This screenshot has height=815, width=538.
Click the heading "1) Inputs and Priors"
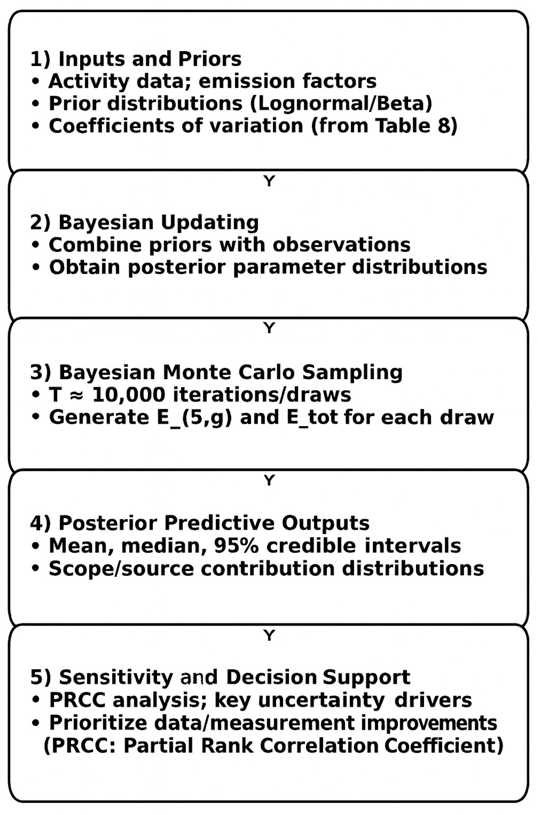136,59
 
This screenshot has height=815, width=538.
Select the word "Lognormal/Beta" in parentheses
340,104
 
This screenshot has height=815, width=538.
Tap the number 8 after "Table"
445,126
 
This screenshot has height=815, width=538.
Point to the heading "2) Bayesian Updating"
144,222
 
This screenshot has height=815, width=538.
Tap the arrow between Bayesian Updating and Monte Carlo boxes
269,328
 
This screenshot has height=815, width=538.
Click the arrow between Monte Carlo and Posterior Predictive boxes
269,480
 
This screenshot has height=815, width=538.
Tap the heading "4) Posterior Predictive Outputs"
200,523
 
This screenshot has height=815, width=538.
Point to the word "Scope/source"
121,568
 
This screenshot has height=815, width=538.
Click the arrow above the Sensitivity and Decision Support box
269,635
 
